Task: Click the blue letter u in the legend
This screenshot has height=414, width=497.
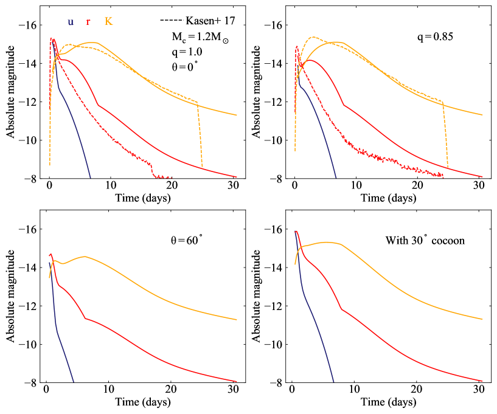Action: coord(71,22)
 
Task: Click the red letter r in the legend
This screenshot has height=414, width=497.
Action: coord(88,22)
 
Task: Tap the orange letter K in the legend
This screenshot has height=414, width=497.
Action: coord(108,22)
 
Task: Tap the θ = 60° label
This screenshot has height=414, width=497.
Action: coord(187,241)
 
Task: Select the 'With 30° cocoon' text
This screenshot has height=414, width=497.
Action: coord(425,241)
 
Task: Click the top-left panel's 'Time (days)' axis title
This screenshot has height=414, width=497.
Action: coord(141,198)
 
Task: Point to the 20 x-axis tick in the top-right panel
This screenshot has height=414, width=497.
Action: coord(417,185)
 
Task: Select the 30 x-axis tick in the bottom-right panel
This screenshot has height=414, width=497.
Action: coord(479,390)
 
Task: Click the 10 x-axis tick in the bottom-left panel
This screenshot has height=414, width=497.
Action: coord(108,390)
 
